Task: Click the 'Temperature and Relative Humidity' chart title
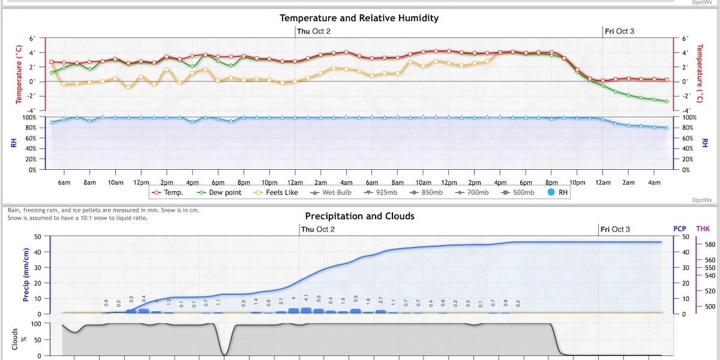click(359, 18)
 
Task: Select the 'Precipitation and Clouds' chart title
click(359, 216)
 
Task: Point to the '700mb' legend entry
click(476, 193)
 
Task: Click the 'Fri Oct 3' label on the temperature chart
click(619, 31)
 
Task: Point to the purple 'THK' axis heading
click(703, 229)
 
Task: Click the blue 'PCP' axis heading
click(680, 229)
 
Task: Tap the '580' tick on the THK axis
click(709, 245)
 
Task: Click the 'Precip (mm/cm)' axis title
click(26, 275)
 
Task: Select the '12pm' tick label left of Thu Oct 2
click(141, 182)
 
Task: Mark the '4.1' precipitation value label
click(306, 298)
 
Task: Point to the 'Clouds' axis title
click(14, 339)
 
